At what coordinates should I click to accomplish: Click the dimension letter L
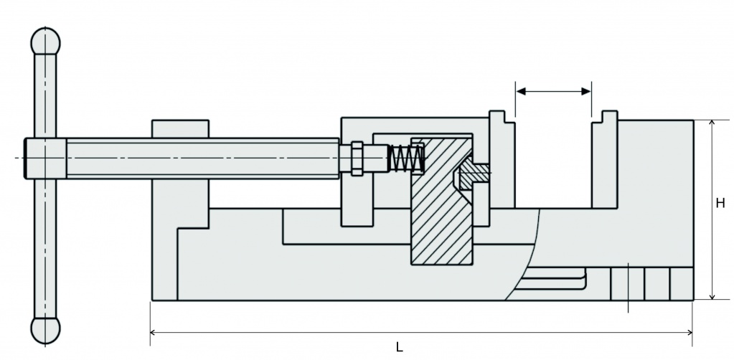(399, 347)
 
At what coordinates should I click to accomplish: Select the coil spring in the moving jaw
(405, 158)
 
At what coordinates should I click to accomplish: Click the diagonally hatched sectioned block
(440, 201)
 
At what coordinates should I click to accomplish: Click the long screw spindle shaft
(201, 158)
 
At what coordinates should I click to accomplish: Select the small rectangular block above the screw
(180, 128)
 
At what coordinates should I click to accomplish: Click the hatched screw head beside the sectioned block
(474, 172)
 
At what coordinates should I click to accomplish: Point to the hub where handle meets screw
(46, 158)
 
